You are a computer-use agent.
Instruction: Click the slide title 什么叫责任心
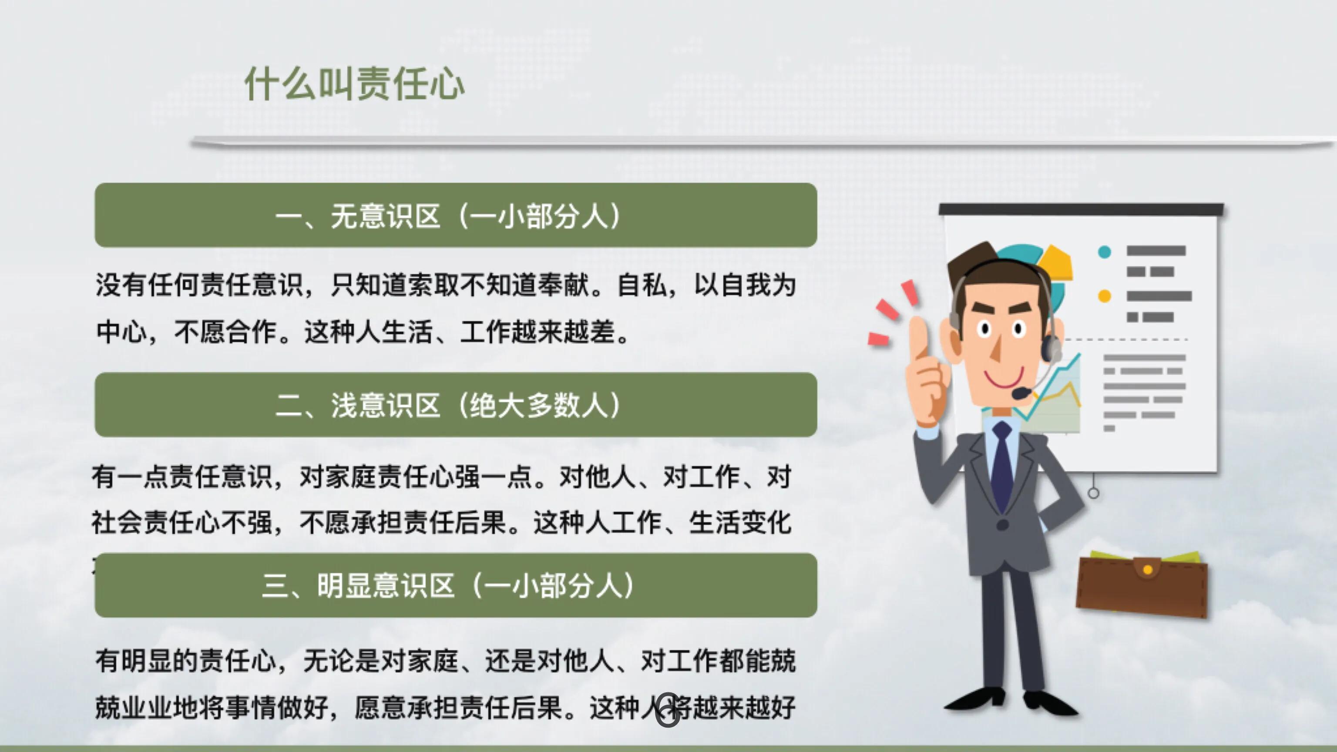point(355,84)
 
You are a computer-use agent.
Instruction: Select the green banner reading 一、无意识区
point(455,215)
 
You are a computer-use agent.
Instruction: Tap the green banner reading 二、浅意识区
point(455,404)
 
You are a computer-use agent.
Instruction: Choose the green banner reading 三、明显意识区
point(455,585)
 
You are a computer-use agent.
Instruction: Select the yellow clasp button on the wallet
point(1148,570)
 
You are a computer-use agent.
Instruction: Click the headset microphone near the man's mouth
point(1021,393)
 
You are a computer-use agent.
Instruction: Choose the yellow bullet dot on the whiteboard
point(1105,296)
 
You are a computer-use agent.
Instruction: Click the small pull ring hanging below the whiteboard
point(1093,493)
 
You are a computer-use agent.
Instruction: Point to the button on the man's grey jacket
point(1002,525)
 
